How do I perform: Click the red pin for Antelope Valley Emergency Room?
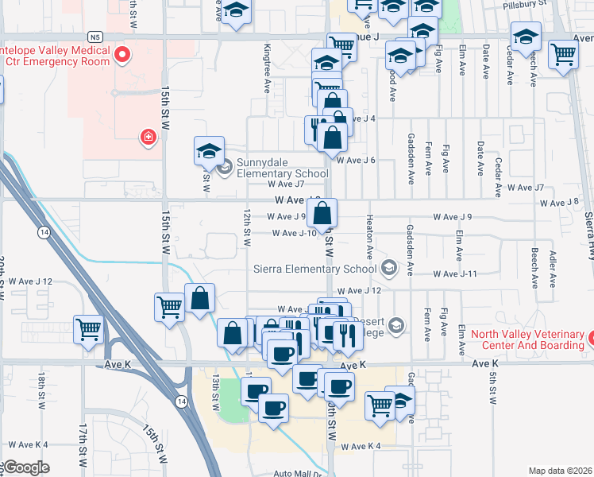[121, 55]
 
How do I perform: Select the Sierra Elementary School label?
[314, 269]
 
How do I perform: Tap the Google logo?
[25, 467]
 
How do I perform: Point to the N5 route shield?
[95, 37]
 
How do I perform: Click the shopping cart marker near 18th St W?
[89, 328]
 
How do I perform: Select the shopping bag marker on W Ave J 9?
[322, 213]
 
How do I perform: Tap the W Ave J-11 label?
[454, 273]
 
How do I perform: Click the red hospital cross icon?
[148, 138]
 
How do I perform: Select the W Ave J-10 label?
[295, 233]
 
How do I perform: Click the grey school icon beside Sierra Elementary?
[388, 268]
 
